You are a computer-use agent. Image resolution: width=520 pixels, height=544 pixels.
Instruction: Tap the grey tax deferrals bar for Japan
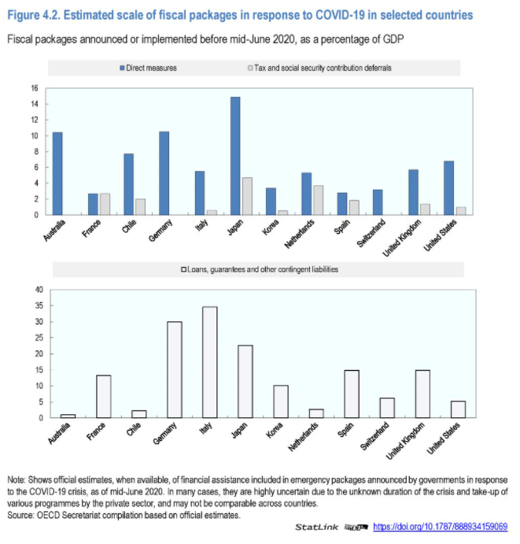point(246,196)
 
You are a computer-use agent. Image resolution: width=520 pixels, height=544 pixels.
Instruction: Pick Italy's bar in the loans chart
point(210,362)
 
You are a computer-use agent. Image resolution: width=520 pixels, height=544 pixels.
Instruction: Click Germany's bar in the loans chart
point(174,369)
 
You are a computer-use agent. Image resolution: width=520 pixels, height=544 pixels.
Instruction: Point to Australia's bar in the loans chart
point(68,416)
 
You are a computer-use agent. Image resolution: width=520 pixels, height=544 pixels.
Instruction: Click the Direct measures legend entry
point(149,68)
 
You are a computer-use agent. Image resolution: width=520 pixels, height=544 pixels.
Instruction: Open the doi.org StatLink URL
point(440,527)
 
